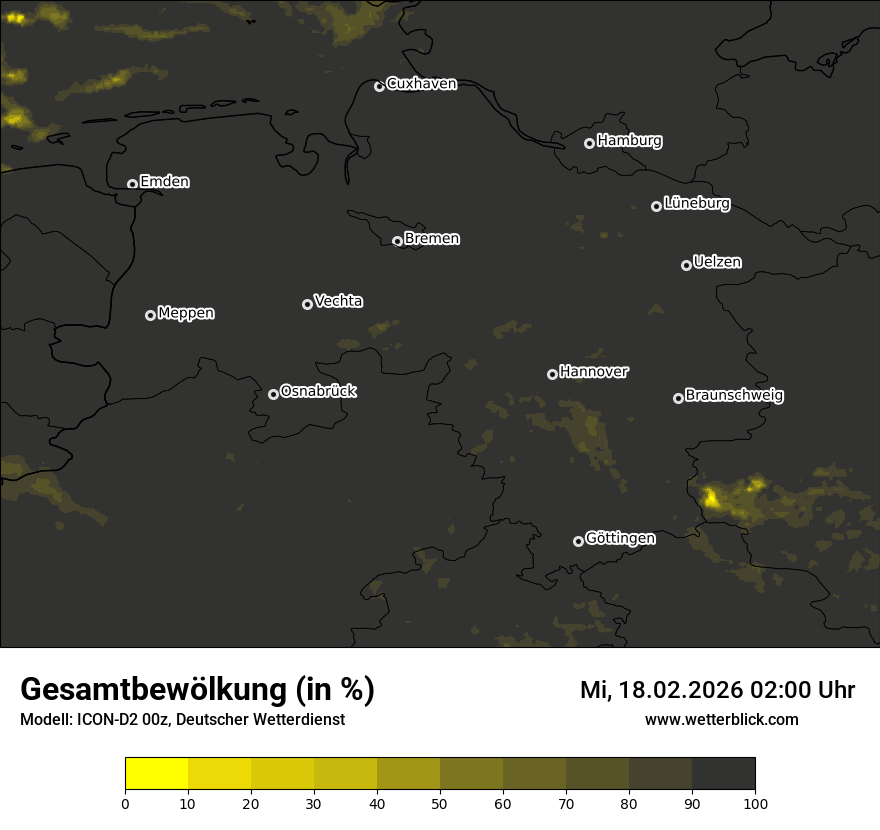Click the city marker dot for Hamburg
click(589, 143)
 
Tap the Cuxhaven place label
click(421, 84)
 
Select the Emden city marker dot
click(132, 184)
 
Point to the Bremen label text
click(432, 239)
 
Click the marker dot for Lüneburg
click(656, 206)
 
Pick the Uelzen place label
click(717, 262)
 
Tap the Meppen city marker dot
click(150, 315)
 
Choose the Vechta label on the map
click(338, 301)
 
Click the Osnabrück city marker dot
click(273, 394)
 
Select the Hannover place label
click(594, 372)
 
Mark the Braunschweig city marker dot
click(678, 398)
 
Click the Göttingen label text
click(620, 539)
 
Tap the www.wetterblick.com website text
click(721, 720)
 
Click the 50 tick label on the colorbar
click(440, 803)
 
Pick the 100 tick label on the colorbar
click(755, 803)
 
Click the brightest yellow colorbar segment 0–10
click(157, 773)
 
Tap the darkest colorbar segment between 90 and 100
click(723, 773)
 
